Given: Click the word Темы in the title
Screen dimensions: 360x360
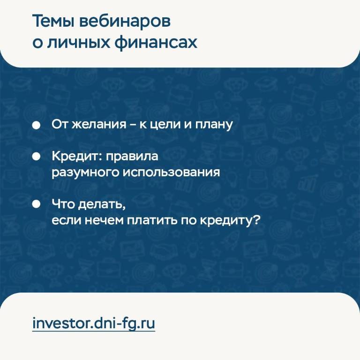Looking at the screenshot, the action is pos(53,21).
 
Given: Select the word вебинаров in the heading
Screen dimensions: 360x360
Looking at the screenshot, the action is pos(125,21).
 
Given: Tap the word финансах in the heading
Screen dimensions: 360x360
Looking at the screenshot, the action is pos(156,43).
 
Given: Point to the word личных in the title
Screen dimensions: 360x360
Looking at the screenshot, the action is pos(79,43).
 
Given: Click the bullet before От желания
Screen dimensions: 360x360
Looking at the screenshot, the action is pos(36,125).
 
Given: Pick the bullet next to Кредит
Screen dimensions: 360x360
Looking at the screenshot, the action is pos(36,157).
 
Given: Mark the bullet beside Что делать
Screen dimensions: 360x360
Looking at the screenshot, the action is pos(36,204).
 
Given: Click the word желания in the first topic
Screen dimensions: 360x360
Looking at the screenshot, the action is pos(99,124).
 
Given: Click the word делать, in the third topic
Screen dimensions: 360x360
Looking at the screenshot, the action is pos(102,204).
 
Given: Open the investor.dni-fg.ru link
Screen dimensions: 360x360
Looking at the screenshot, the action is pos(94,324).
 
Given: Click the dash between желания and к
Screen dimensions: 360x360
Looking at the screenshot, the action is pos(133,125).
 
